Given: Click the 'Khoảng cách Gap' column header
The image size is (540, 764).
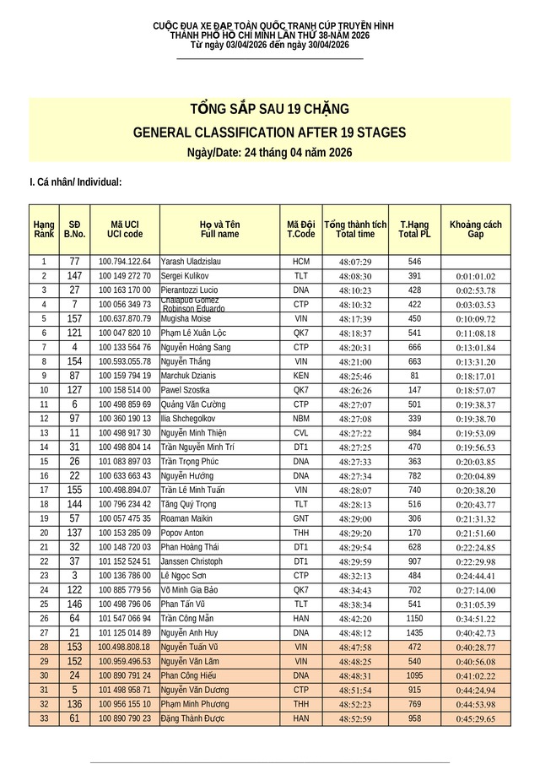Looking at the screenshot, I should [475, 229].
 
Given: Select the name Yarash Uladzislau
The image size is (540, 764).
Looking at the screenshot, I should [184, 261].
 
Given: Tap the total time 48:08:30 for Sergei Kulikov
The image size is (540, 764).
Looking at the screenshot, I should [354, 276].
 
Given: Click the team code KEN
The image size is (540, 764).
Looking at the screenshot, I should [301, 375].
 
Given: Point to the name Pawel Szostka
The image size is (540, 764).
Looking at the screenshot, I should [183, 390].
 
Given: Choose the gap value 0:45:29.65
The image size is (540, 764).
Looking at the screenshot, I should [476, 718].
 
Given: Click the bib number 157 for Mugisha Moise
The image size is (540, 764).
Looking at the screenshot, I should [74, 318].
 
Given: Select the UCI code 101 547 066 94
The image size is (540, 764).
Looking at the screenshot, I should [125, 617].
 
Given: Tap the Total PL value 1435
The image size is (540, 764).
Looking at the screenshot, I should [414, 632].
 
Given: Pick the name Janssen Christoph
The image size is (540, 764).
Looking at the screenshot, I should [192, 561].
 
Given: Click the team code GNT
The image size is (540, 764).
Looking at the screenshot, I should [301, 517].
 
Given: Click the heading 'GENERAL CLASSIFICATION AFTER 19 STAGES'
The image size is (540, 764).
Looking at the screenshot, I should [270, 133].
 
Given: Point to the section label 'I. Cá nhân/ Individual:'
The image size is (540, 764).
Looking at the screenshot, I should [76, 182].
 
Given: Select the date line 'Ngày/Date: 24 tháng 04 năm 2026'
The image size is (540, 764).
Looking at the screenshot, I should [270, 153].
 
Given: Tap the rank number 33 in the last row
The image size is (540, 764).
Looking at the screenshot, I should [43, 718].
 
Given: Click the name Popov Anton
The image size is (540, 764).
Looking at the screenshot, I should [182, 533].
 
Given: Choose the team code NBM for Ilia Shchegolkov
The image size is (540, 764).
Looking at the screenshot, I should [301, 419].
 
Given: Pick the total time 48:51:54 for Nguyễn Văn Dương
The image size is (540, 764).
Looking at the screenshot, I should [354, 690].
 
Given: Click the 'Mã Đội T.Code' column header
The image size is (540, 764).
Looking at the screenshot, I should [301, 229].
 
